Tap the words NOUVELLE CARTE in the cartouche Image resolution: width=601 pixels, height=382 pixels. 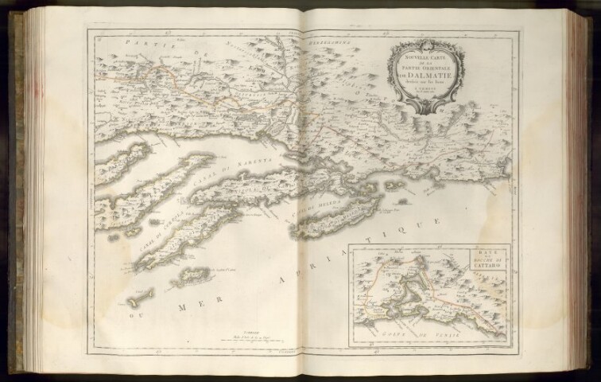(420, 57)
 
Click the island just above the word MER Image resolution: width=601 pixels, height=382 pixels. (191, 276)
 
